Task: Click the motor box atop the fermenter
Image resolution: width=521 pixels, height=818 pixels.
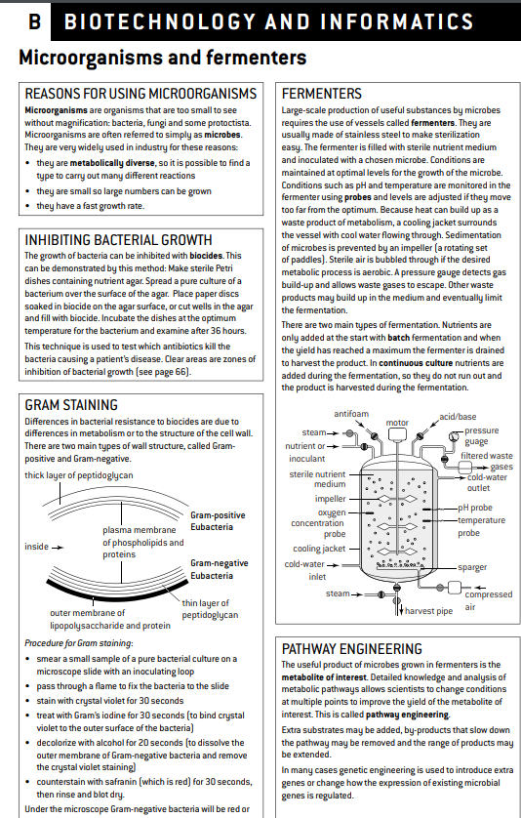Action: coord(397,434)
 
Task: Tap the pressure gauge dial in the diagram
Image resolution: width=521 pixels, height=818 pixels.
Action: coord(454,436)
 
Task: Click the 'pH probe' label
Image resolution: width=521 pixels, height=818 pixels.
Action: coord(475,508)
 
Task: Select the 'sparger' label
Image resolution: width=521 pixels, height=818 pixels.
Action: coord(472,567)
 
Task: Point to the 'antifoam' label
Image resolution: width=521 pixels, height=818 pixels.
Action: coord(351,414)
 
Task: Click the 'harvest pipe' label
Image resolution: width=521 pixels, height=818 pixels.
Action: coord(428,611)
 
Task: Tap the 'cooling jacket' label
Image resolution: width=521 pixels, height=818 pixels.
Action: coord(319,549)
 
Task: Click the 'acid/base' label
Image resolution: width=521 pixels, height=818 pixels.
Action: coord(458,416)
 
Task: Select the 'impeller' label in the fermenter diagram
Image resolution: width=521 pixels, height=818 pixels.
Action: coord(330,498)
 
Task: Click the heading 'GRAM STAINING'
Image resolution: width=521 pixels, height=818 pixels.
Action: coord(71,405)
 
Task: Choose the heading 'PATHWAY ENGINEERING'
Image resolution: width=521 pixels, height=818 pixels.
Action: coord(352,649)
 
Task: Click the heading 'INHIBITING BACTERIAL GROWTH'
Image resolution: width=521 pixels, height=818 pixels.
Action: coord(118,240)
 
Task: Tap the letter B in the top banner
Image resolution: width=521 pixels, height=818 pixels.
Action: coord(35,21)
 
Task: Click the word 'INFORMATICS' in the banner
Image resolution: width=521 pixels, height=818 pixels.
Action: coord(397,21)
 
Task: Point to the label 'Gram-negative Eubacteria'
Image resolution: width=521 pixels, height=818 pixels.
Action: coord(220,569)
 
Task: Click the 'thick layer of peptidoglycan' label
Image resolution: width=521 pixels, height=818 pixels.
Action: coord(79,475)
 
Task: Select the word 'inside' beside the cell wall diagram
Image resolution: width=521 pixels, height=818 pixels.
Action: coord(36,547)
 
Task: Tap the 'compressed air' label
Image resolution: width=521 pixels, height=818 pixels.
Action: coord(489,600)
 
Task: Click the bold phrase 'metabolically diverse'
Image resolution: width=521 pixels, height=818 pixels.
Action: coord(112,163)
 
